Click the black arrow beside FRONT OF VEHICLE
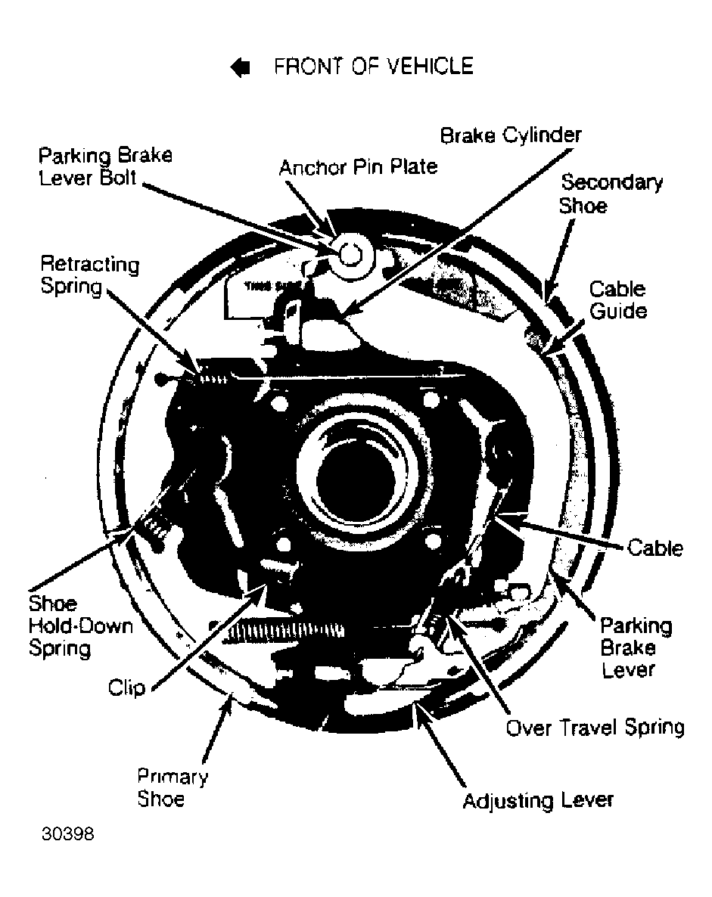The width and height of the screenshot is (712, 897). coord(241,67)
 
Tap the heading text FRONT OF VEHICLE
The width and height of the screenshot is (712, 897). coord(374,67)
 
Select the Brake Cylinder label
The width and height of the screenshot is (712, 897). coord(511,135)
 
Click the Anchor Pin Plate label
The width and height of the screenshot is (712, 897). coord(359,167)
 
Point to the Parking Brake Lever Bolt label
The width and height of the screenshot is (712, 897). coord(105,166)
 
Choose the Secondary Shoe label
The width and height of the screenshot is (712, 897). coord(611,194)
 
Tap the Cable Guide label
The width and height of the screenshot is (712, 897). coord(618,300)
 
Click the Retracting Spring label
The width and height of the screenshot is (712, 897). coord(90,275)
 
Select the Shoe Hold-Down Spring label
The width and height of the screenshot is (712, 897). coord(81,625)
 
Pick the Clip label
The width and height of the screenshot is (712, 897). coord(126,687)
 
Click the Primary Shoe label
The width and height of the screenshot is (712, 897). coord(173,787)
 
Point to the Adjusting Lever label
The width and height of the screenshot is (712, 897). coord(538,799)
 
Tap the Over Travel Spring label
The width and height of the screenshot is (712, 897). coord(595,727)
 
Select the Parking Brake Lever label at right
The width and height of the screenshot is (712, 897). coord(636,647)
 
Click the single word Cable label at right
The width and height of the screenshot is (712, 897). coord(655,548)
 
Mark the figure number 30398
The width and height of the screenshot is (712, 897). coord(67,833)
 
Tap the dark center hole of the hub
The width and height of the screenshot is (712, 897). coord(354,480)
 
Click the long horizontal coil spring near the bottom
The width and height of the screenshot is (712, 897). coord(283,629)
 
